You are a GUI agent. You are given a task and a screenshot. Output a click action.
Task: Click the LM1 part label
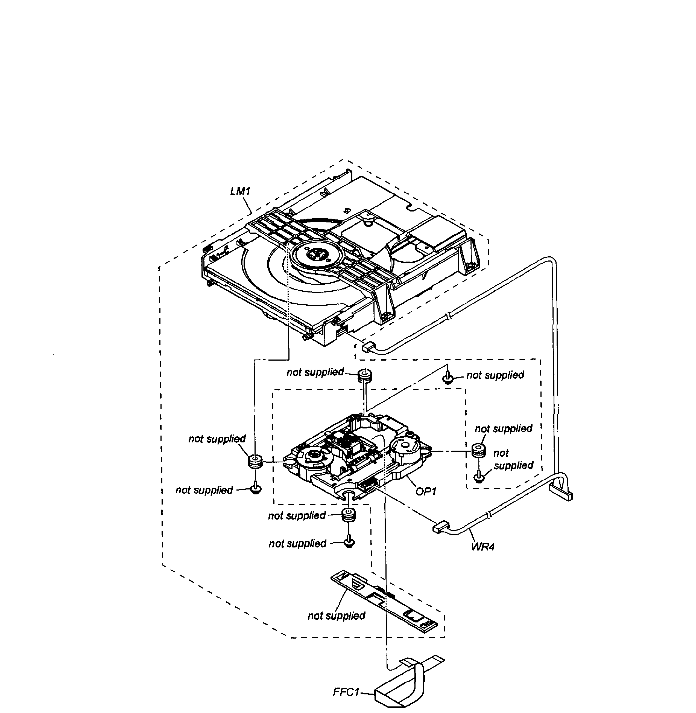[x=240, y=192]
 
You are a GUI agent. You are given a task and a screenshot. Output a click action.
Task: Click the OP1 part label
[x=426, y=492]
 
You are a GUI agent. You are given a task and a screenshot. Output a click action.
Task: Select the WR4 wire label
[x=482, y=547]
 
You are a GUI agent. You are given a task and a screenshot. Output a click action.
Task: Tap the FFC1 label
[x=346, y=692]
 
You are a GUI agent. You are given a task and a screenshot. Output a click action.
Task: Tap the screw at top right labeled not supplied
[x=448, y=379]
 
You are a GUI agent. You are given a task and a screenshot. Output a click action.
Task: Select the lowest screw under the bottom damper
[x=349, y=543]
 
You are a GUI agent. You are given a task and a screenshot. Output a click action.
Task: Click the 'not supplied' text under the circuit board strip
[x=336, y=616]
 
